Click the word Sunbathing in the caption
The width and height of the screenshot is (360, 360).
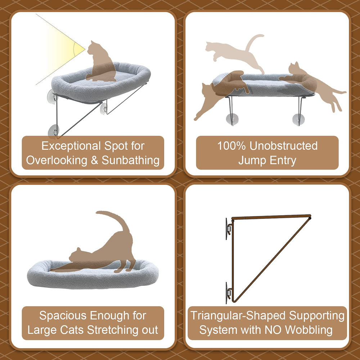[x=130, y=161]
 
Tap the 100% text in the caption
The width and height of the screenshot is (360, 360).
[x=231, y=146]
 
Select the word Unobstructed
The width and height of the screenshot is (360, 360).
[x=284, y=146]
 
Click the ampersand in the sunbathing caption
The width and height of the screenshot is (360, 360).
[x=94, y=160]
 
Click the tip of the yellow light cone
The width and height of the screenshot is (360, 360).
[x=85, y=49]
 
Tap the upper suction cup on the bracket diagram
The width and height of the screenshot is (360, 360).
[x=228, y=229]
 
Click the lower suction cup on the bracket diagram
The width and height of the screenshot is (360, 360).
[x=228, y=293]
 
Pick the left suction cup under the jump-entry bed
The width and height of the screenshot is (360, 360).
[x=232, y=119]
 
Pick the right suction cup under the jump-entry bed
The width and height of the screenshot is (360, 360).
[x=298, y=120]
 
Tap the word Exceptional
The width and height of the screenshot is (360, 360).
[x=71, y=146]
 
